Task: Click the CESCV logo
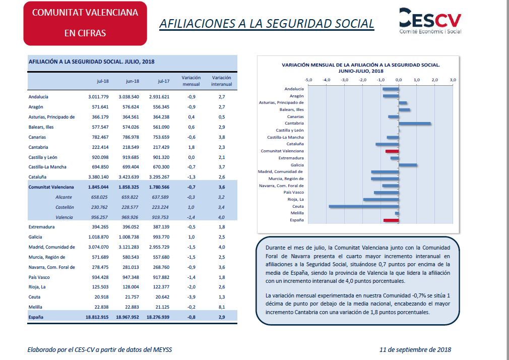point(430,21)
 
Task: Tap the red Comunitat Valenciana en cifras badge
point(85,23)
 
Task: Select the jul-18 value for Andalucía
point(98,97)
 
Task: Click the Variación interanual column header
point(221,81)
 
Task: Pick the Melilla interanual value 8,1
point(222,307)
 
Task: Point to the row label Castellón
point(65,207)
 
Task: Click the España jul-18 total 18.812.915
point(97,317)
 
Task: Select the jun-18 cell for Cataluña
point(129,177)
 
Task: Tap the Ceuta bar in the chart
point(364,206)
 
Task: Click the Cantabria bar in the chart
point(415,124)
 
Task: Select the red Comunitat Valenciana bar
point(392,151)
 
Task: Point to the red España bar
point(391,220)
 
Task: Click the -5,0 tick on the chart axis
point(308,80)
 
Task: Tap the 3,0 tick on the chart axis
point(453,80)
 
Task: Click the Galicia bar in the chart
point(408,165)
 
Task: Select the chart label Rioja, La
point(295,200)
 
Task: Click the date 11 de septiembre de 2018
point(415,349)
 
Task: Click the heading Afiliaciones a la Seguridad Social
point(267,24)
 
